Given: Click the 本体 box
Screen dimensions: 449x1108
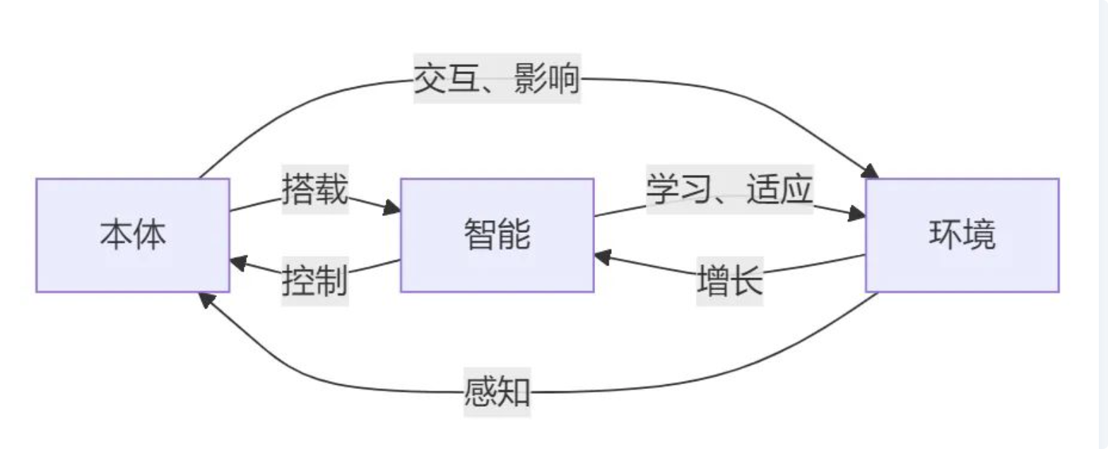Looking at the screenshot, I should (x=133, y=235).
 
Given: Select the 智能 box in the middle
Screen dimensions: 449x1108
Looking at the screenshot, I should (x=497, y=235).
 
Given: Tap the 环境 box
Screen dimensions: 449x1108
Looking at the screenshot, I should (x=962, y=235).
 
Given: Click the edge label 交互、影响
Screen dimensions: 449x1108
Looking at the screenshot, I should (x=497, y=79).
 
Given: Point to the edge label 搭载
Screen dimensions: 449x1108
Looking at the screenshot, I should (x=315, y=189).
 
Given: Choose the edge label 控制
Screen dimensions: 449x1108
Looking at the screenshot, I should (x=315, y=281).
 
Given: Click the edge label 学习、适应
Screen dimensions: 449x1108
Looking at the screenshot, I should (x=730, y=189).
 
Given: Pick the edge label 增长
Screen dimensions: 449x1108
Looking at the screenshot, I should (x=730, y=281).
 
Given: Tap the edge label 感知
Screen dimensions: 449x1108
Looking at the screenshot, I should (x=497, y=391).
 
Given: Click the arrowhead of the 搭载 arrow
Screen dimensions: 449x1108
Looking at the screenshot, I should (x=392, y=209).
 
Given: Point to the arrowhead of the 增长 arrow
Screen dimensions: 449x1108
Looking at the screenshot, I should (x=602, y=257).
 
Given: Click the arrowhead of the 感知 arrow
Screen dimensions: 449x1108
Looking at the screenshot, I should (x=205, y=299).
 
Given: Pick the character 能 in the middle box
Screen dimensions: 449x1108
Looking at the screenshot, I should (x=514, y=235).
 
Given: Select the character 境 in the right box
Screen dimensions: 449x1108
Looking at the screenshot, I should (x=979, y=235).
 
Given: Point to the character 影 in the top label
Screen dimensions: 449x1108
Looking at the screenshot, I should (x=531, y=79).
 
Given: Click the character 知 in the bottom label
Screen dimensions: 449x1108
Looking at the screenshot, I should (x=514, y=391).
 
